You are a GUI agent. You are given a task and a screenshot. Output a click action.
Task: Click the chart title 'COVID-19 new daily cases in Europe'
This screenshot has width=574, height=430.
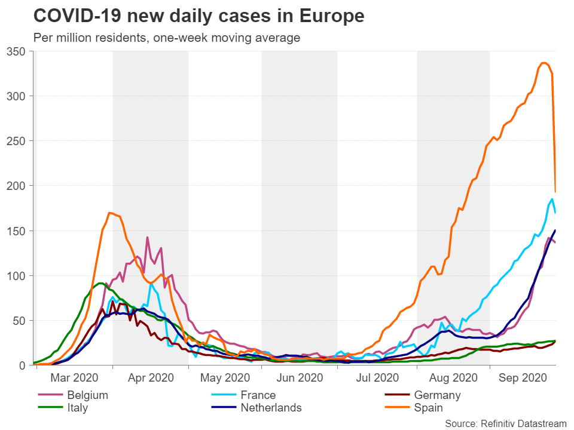click(199, 16)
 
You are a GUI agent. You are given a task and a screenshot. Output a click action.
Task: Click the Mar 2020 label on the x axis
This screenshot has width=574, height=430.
click(74, 378)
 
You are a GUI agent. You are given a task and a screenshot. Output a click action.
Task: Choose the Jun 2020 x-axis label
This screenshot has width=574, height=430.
click(299, 378)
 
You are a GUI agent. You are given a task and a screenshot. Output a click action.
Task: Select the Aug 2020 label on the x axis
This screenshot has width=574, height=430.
click(453, 378)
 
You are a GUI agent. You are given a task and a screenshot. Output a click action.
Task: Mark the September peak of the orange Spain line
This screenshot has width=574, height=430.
click(544, 63)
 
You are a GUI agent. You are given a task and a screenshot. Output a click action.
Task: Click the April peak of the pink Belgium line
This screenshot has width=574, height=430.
click(147, 237)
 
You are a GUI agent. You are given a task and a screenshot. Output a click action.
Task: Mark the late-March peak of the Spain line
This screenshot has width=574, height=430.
click(109, 213)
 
